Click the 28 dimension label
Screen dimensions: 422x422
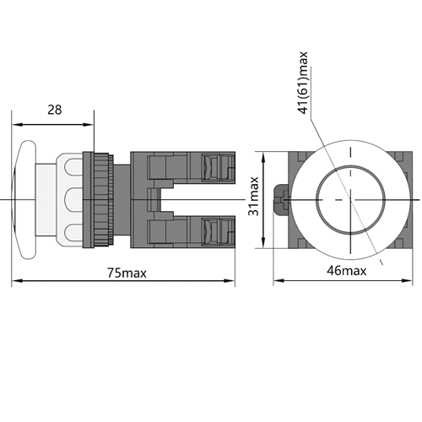coord(54,110)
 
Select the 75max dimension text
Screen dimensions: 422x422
coord(127,273)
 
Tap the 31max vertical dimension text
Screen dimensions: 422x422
coord(253,196)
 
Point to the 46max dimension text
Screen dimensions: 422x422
coord(347,271)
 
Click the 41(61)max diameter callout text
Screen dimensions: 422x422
coord(304,83)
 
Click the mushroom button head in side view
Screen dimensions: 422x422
coord(24,200)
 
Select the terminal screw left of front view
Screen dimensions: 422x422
coord(282,200)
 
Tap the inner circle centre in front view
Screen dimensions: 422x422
coord(350,200)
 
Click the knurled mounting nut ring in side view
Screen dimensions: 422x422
coord(104,200)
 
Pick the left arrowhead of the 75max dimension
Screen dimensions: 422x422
coord(17,280)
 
